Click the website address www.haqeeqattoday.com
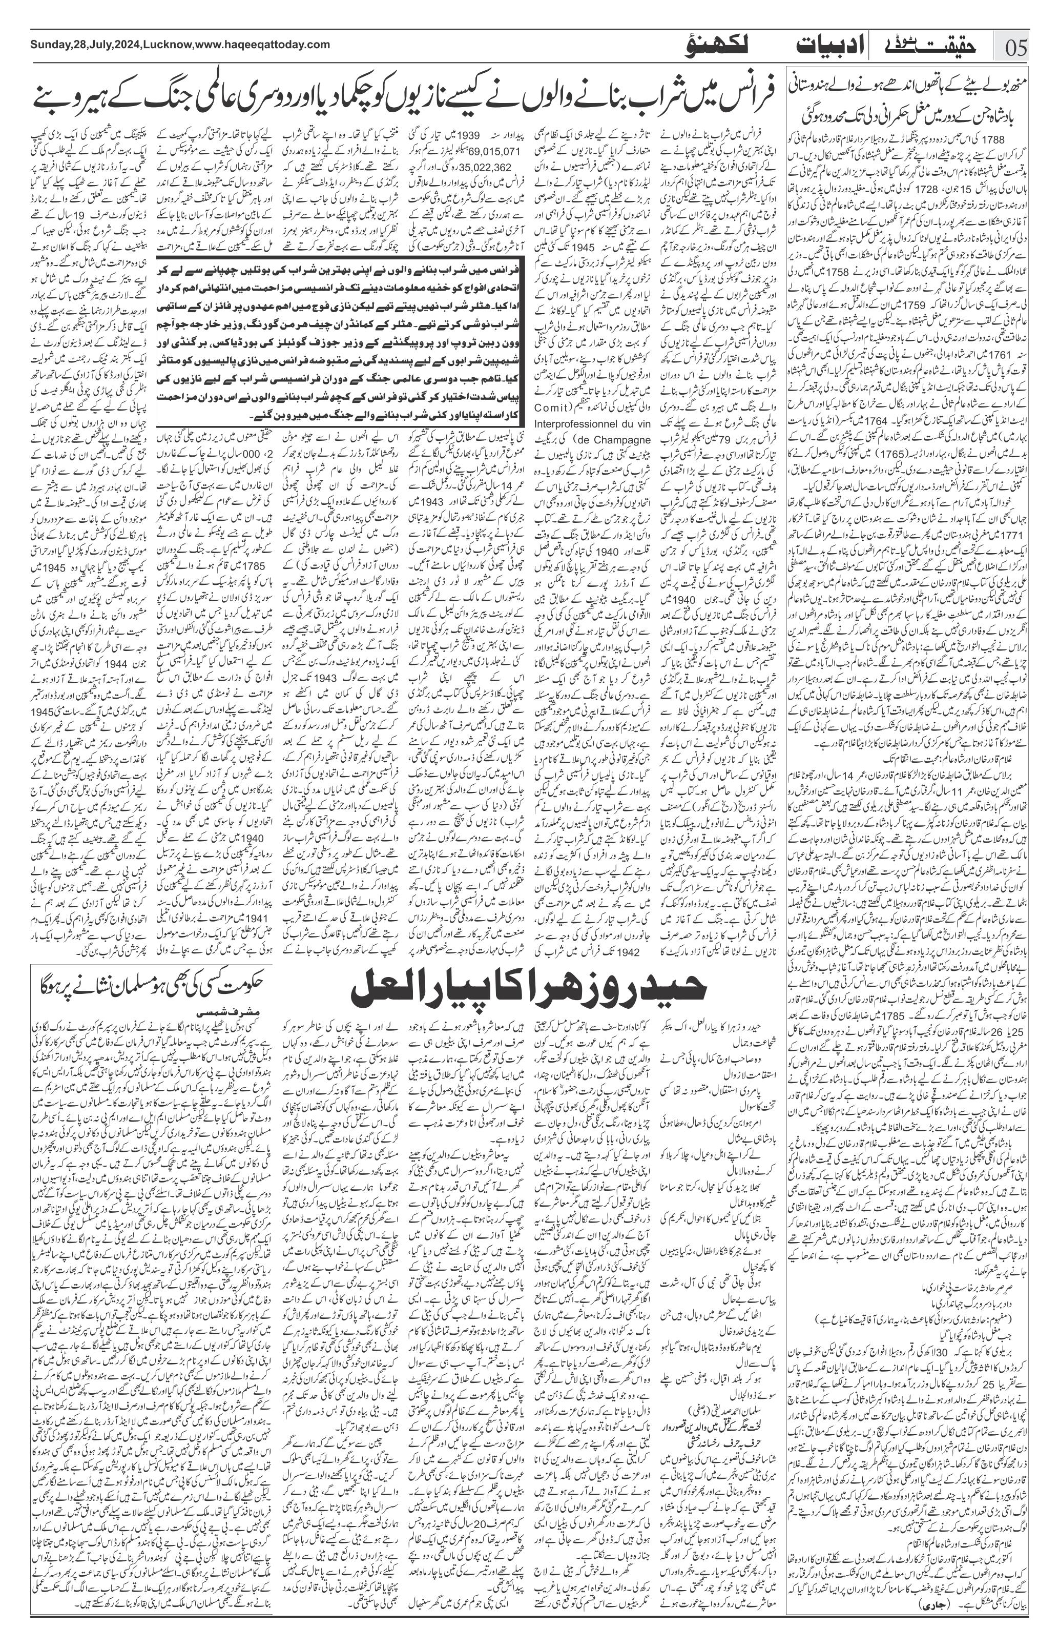tap(262, 45)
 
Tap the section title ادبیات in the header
tap(824, 48)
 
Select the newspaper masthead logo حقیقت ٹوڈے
tap(926, 48)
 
